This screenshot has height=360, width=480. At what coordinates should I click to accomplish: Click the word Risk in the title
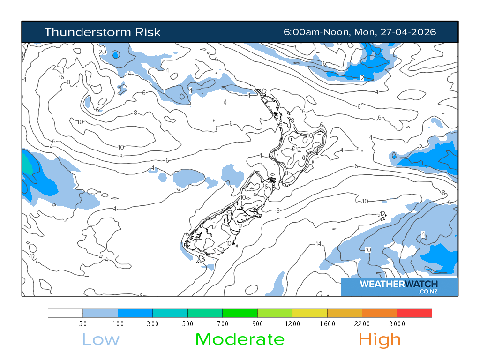(x=148, y=32)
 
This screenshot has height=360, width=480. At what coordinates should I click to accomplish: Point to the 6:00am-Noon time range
(x=316, y=32)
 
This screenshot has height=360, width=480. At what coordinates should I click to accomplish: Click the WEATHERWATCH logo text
(x=398, y=284)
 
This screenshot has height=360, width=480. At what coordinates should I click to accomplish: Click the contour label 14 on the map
(x=318, y=244)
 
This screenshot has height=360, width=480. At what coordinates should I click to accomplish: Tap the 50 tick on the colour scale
(x=82, y=324)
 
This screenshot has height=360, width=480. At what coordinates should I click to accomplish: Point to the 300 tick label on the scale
(x=152, y=324)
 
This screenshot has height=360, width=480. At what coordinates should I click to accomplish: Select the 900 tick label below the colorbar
(x=257, y=324)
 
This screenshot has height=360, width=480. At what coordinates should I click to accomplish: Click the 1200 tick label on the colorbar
(x=292, y=324)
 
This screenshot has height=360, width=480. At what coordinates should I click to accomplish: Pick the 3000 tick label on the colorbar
(x=397, y=324)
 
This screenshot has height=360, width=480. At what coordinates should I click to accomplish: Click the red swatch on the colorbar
(x=414, y=313)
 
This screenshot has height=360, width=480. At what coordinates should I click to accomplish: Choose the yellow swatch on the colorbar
(x=309, y=313)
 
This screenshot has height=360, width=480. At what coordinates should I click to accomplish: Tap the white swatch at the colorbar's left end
(x=65, y=313)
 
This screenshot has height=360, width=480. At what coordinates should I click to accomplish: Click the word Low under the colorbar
(x=100, y=339)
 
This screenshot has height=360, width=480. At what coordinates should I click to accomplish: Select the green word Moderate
(x=240, y=339)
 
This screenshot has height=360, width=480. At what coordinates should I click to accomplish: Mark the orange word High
(x=380, y=339)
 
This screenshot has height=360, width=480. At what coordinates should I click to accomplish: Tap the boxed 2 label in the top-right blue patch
(x=362, y=77)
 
